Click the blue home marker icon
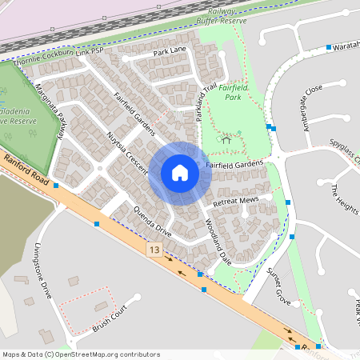coord(180,173)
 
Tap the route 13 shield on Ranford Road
coord(154,251)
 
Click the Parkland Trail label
coord(206,100)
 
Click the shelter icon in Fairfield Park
coord(226,141)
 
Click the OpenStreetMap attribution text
coord(80,354)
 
